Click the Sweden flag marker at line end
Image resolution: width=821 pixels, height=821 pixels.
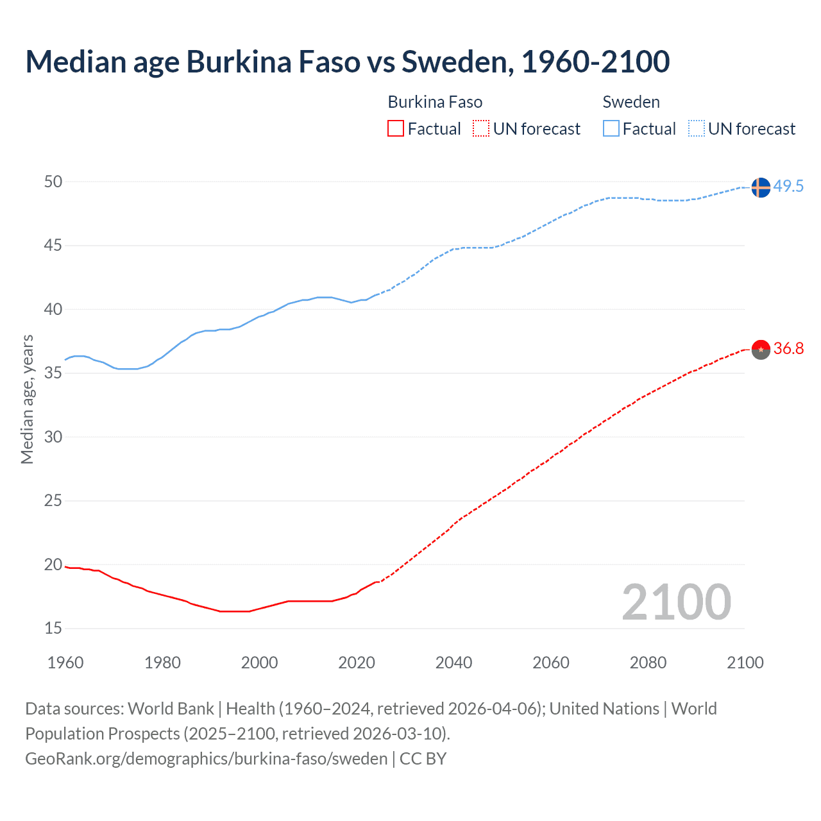coord(760,187)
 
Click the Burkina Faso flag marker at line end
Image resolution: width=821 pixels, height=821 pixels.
coord(760,350)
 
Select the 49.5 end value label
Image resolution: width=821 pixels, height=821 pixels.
coord(788,187)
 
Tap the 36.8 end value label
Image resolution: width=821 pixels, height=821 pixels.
coord(788,349)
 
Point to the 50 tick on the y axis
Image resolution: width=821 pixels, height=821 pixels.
coord(53,182)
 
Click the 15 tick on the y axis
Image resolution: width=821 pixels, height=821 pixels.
coord(53,628)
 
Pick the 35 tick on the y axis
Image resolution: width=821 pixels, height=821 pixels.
coord(53,373)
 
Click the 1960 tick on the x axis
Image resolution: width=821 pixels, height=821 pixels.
coord(65,663)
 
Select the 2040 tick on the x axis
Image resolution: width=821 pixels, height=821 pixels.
coord(453,663)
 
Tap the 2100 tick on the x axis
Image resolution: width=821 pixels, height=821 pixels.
coord(745,663)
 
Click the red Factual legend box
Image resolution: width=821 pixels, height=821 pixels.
coord(396,129)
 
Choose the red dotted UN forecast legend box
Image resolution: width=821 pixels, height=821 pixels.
coord(481,129)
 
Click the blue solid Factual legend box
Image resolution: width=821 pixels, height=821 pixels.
coord(611,129)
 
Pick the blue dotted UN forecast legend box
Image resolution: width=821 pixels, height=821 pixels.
coord(696,129)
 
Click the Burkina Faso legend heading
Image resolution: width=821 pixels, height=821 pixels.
coord(435,102)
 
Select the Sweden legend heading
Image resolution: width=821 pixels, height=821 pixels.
coord(631,102)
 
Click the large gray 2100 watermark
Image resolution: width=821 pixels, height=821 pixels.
coord(676,602)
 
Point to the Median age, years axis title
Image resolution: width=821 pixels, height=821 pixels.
coord(27,399)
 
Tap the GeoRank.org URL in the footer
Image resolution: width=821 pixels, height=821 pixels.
coord(207,758)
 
